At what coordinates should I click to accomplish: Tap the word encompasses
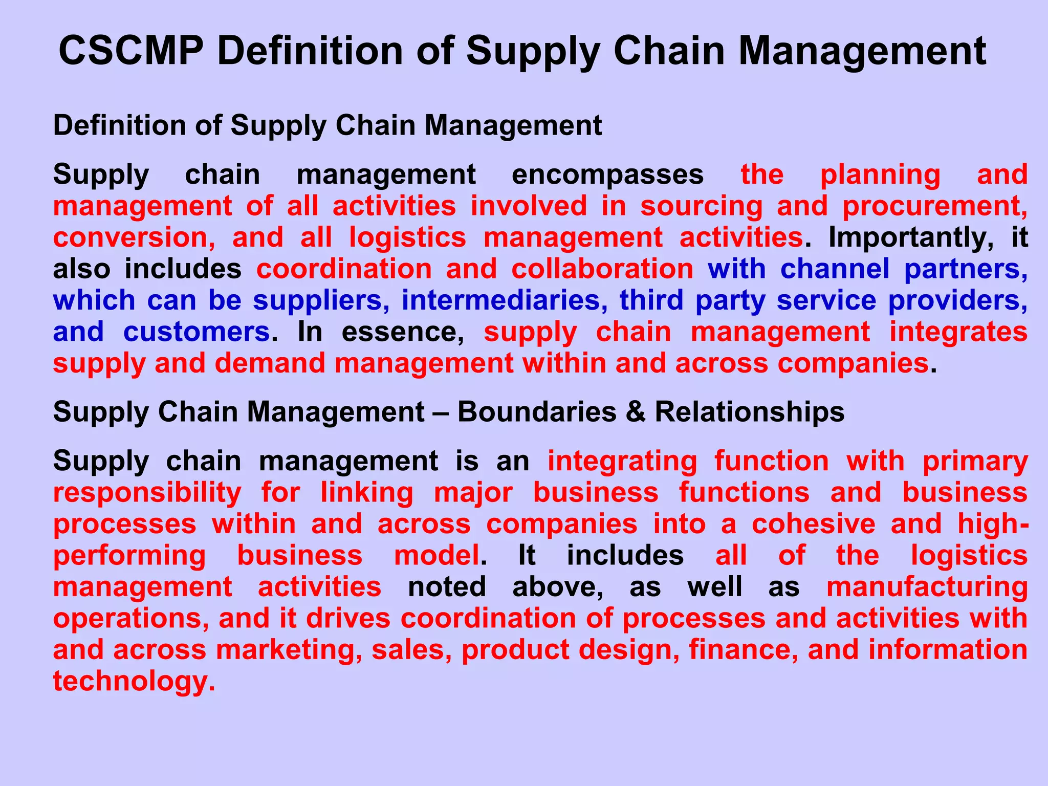click(607, 174)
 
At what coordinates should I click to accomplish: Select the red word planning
click(880, 176)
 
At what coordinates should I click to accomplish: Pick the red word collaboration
click(602, 269)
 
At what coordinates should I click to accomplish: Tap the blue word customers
click(196, 332)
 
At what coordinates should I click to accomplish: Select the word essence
click(403, 332)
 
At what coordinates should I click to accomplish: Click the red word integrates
click(958, 332)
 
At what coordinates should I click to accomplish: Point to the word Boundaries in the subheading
click(537, 412)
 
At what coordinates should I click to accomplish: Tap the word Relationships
click(750, 412)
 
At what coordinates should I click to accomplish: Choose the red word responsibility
click(147, 493)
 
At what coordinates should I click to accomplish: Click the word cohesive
click(814, 525)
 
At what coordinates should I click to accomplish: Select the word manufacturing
click(927, 587)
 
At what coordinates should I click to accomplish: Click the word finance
click(743, 650)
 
